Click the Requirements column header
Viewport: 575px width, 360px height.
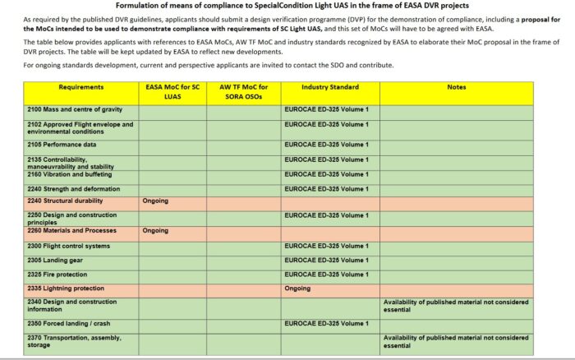[x=81, y=86]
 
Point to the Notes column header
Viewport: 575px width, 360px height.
[x=456, y=86]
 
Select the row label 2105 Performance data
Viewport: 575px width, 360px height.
[x=62, y=145]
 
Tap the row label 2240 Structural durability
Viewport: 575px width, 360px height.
[x=65, y=201]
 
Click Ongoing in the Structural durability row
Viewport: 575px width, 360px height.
[x=155, y=201]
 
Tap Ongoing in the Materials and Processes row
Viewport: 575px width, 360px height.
[x=155, y=230]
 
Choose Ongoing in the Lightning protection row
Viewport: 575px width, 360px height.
[x=297, y=288]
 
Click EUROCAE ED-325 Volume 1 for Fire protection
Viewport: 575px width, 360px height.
[x=326, y=274]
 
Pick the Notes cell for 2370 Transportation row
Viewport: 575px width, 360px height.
[x=455, y=341]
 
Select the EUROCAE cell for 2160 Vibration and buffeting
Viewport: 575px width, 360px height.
[x=326, y=173]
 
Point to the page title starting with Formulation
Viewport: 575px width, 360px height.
[x=287, y=7]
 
